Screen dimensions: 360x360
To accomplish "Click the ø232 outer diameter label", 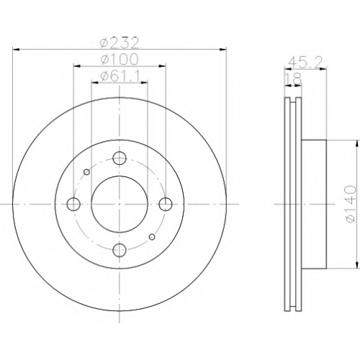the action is point(120,42).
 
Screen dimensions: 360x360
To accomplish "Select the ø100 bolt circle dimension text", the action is point(120,59).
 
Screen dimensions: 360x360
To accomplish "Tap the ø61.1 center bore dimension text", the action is point(120,76).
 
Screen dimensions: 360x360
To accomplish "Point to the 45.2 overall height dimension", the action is point(305,62).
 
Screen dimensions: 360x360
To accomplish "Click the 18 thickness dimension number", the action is point(293,78).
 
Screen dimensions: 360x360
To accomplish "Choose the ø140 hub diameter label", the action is point(351,204).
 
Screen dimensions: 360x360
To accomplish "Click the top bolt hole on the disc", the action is point(120,158).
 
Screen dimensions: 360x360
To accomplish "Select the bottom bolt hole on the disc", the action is point(120,250).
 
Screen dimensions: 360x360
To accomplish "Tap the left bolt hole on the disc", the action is point(73,204).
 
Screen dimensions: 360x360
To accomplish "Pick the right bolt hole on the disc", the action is point(166,204).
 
